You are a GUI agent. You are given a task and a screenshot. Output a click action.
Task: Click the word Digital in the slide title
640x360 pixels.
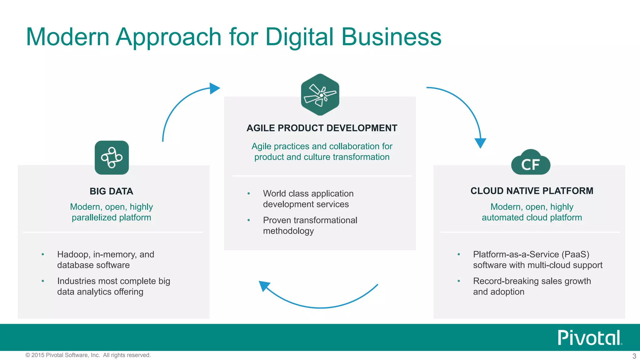pos(299,37)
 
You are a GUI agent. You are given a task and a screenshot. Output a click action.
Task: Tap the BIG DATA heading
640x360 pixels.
pos(111,191)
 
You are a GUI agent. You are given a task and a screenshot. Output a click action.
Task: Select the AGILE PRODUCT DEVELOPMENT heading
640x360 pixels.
pos(322,128)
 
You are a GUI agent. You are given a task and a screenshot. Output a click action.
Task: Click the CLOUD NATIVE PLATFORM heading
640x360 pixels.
pos(532,191)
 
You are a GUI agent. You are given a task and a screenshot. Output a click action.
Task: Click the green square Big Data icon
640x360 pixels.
pos(112,158)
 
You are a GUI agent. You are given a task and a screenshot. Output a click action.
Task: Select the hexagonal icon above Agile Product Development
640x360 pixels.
pos(320,95)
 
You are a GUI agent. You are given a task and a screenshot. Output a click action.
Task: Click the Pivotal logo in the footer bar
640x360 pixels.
pos(589,338)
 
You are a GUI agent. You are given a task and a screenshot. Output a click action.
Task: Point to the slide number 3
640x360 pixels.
pos(634,356)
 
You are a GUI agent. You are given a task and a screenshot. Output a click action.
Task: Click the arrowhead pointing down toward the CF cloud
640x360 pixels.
pos(480,143)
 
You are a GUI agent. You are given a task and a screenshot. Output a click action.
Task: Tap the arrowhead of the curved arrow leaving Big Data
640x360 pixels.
pos(214,88)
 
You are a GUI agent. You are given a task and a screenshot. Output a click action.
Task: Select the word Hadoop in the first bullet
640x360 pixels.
pos(72,254)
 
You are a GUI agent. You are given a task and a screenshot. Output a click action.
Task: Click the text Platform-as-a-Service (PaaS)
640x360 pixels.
pos(531,254)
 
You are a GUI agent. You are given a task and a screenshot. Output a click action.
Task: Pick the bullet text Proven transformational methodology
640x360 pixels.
pos(310,225)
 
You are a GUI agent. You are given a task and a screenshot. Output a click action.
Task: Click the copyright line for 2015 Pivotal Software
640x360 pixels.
pos(88,355)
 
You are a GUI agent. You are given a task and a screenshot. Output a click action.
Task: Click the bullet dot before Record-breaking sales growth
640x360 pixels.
pos(458,281)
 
